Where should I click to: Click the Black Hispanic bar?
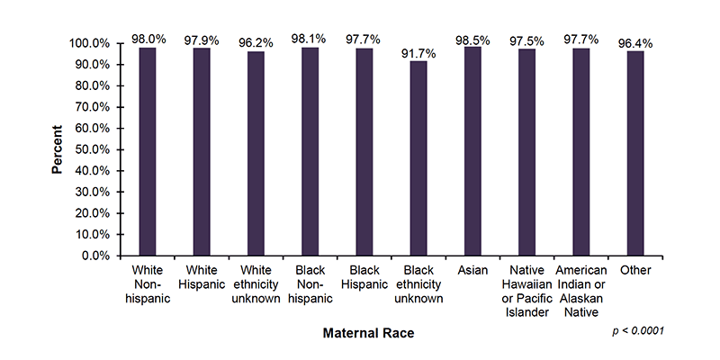point(364,152)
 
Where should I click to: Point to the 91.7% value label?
point(418,53)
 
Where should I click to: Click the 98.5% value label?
point(472,39)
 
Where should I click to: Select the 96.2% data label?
point(256,42)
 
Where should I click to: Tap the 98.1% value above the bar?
point(310,39)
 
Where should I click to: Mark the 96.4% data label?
point(635,42)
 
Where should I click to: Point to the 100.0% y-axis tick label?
point(87,43)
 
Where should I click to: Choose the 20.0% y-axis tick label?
point(90,213)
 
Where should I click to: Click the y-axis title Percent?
point(56,149)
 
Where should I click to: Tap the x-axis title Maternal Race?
point(369,333)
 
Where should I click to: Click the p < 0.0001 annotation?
point(637,331)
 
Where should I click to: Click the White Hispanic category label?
point(202,277)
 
